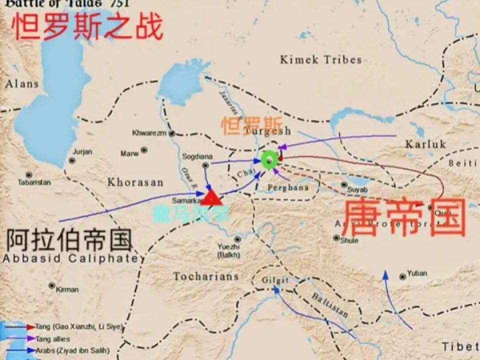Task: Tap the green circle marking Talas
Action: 269,160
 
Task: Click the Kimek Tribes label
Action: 320,60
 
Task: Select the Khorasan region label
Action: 135,182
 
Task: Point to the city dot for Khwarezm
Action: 171,133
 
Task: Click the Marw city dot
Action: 144,150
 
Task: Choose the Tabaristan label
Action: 34,182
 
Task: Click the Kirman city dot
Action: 52,285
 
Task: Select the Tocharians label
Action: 205,276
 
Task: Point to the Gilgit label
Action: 275,280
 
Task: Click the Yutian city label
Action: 416,273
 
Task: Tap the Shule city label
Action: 349,240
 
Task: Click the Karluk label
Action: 424,144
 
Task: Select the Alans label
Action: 21,84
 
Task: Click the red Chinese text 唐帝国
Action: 404,217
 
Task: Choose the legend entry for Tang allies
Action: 52,339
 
